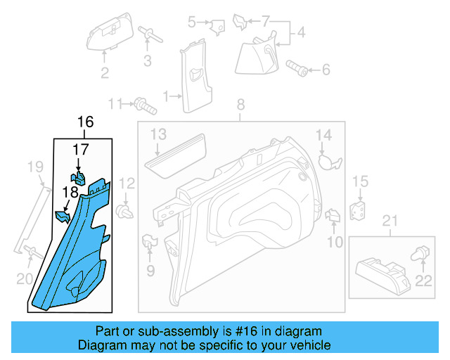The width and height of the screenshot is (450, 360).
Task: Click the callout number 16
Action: (x=84, y=122)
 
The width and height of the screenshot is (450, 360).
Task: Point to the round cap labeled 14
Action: (x=327, y=161)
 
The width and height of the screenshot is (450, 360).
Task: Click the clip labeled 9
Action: (x=150, y=240)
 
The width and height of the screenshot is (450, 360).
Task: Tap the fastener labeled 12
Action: (x=127, y=210)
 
